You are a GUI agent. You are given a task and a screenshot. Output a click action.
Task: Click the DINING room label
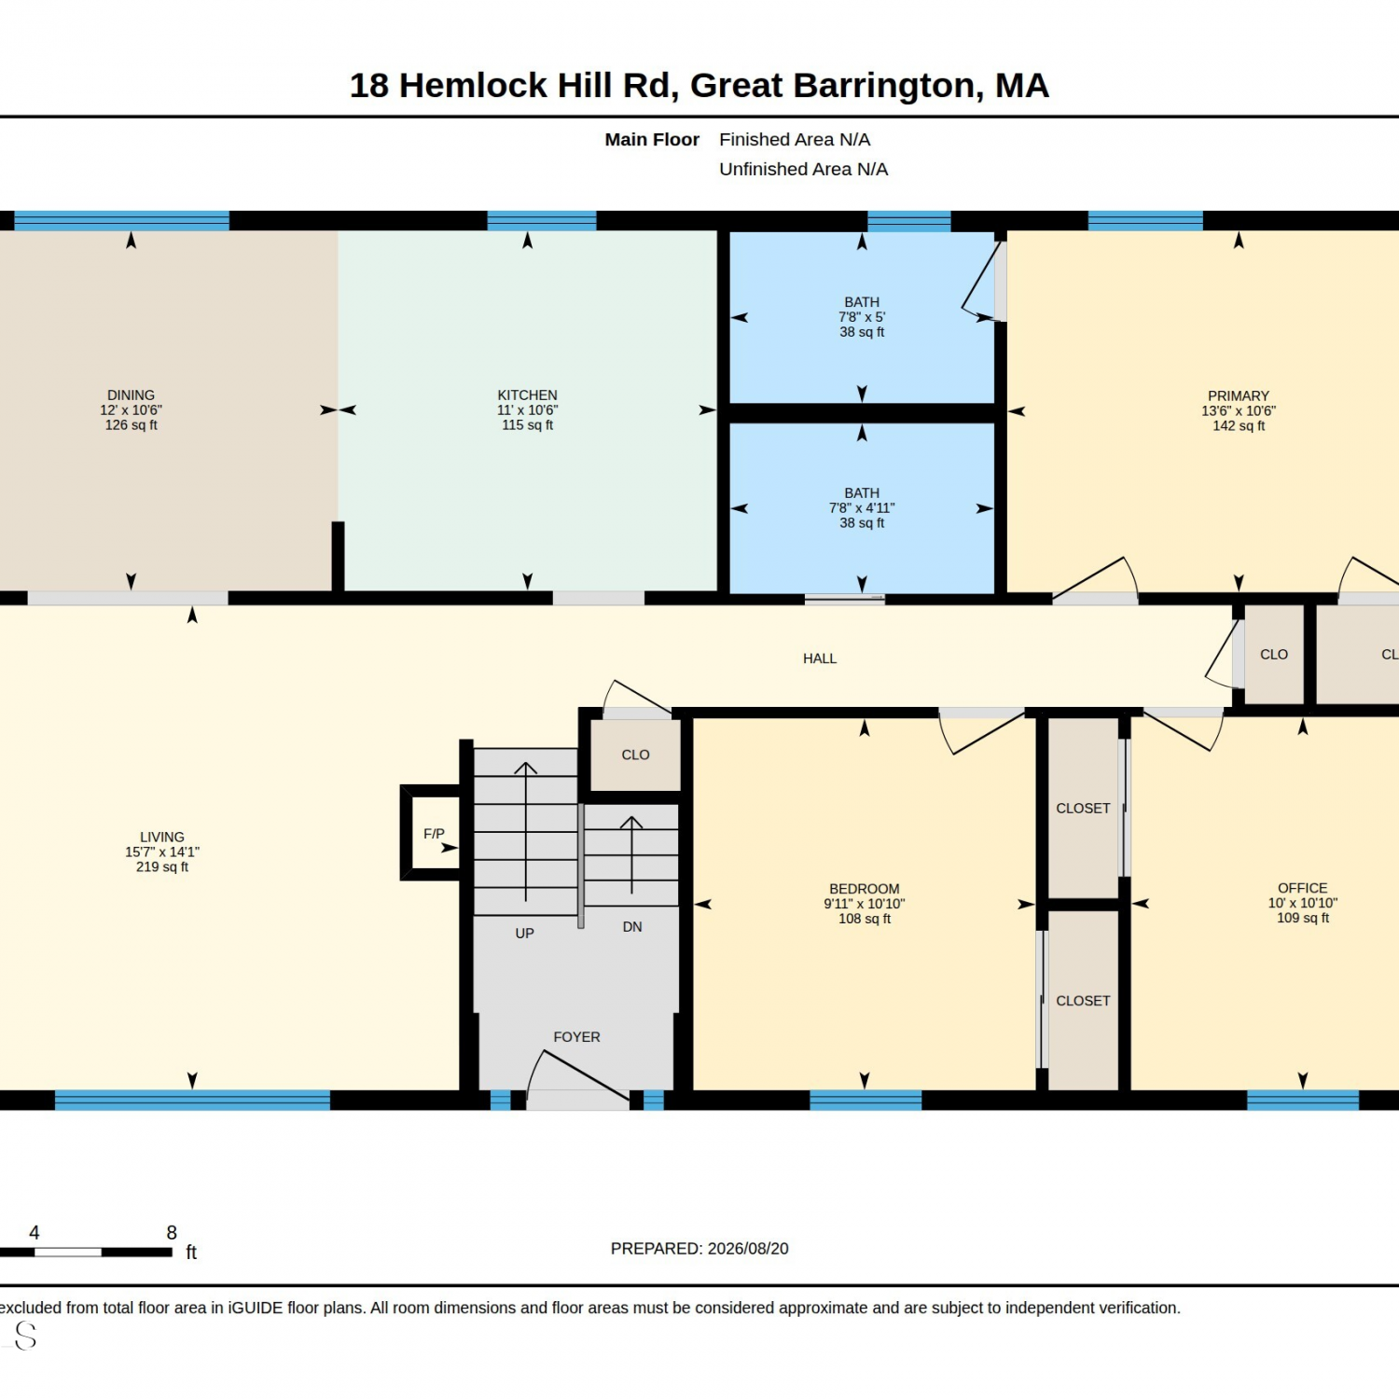pos(131,395)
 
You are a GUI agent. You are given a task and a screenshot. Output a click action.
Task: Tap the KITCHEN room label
pos(527,395)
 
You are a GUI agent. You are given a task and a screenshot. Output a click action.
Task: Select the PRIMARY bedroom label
pos(1239,396)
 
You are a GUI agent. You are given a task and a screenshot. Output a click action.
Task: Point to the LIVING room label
pos(162,838)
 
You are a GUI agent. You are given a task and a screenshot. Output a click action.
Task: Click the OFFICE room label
pos(1303,889)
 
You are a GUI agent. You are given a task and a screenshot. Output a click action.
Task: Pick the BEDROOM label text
pos(865,890)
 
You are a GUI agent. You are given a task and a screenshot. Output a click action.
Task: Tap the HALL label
pos(820,658)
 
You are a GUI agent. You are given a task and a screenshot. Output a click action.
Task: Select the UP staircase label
pos(525,934)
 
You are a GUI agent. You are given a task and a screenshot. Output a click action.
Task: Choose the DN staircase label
pos(632,927)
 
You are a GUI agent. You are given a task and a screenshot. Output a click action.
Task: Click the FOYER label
pos(576,1037)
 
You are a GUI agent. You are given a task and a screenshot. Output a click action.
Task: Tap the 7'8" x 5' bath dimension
pos(862,317)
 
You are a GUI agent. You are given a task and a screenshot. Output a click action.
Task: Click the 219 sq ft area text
pos(162,867)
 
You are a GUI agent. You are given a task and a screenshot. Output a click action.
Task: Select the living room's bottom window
pos(192,1101)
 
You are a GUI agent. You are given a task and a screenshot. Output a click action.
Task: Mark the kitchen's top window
pos(542,221)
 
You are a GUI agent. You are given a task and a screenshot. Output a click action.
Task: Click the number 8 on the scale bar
pos(172,1233)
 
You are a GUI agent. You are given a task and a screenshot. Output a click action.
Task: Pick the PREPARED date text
pos(699,1249)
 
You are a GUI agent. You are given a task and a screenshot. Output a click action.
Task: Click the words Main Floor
pos(652,140)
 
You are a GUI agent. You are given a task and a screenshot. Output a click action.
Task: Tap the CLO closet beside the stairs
pos(635,755)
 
